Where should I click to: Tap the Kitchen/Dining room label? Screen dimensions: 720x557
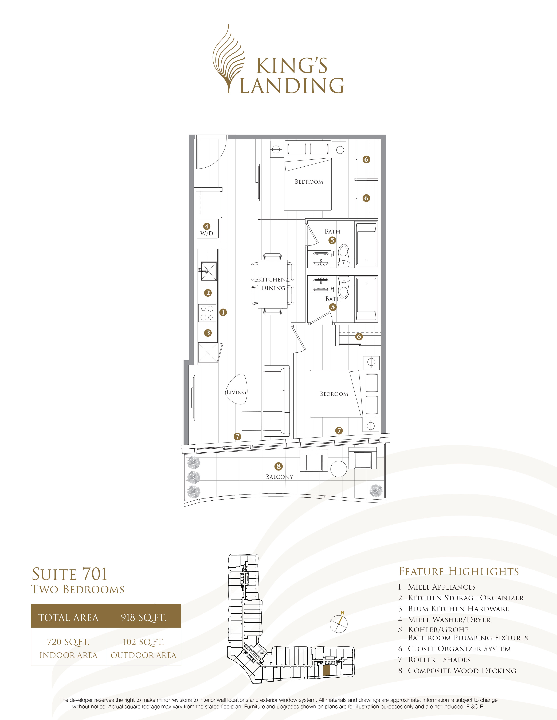click(x=273, y=284)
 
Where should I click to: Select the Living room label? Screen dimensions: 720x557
click(x=236, y=392)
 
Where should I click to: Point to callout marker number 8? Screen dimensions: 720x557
click(x=278, y=466)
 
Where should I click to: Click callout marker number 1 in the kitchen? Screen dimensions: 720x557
click(x=223, y=312)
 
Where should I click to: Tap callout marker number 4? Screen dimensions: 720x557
click(x=207, y=226)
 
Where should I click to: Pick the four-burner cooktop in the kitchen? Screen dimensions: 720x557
click(x=207, y=313)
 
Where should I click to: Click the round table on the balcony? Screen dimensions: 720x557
click(x=339, y=468)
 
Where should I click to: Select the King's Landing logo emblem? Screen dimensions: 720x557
click(x=228, y=59)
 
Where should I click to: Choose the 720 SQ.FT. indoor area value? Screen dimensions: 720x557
click(x=68, y=642)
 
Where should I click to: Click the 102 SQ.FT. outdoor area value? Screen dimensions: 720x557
click(x=144, y=642)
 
